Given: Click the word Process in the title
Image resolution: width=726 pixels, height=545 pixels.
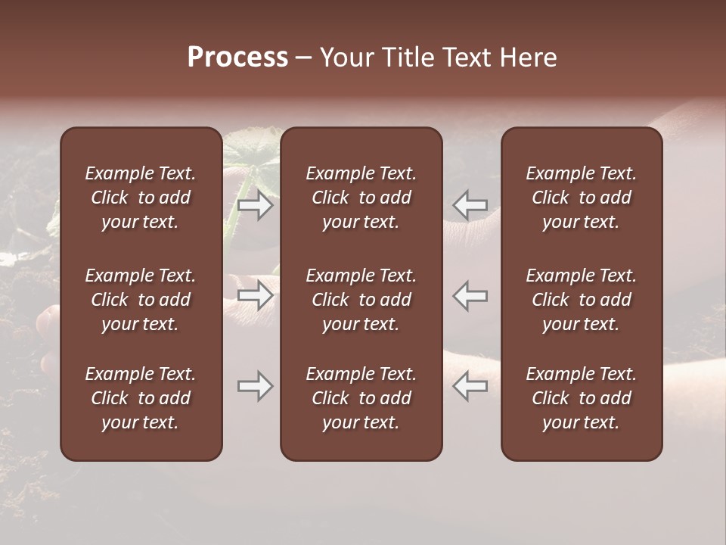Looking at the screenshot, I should (237, 58).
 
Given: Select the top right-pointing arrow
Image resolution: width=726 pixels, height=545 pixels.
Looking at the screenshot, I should (255, 205).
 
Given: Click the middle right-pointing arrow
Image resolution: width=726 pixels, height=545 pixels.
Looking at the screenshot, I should (255, 295).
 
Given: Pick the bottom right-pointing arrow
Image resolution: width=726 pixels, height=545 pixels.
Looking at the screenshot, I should (255, 386).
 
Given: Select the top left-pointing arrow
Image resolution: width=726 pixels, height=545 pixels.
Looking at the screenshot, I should (470, 205).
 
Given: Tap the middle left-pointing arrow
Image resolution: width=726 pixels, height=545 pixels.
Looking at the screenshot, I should (470, 295).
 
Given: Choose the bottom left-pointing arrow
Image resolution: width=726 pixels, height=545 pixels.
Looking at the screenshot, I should (470, 386).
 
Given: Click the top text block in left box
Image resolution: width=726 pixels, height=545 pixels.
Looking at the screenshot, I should (141, 198).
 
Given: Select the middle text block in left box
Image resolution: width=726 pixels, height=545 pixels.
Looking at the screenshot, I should (141, 300).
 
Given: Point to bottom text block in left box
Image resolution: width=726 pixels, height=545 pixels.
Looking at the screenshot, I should (141, 398).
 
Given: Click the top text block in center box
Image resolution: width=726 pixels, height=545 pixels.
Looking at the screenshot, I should (361, 198).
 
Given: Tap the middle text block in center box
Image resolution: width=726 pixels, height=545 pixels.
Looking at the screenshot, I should (361, 300).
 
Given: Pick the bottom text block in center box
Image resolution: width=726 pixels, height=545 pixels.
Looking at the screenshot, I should (361, 398).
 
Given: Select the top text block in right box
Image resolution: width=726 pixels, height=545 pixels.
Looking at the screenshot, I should (582, 198).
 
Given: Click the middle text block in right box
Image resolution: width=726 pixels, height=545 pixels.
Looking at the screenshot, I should (582, 300).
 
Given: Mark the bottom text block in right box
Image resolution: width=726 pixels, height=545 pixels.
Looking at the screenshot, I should (582, 398).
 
